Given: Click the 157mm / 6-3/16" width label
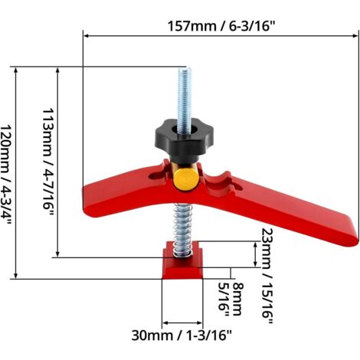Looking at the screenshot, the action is tap(221, 26).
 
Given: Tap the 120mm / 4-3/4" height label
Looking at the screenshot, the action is tap(6, 175).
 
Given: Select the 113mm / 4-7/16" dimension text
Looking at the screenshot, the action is tap(48, 162).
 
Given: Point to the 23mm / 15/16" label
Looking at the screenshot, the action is tap(267, 276).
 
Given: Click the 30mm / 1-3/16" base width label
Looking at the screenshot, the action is tap(182, 335).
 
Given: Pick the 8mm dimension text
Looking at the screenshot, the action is tap(237, 299).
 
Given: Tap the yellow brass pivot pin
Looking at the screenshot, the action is tap(186, 179).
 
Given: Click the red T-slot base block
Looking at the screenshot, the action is tap(182, 261).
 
